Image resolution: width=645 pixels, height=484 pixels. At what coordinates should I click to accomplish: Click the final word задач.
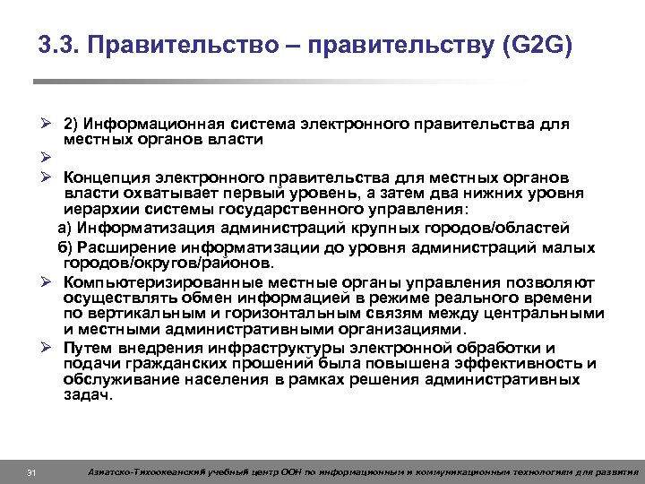click(88, 395)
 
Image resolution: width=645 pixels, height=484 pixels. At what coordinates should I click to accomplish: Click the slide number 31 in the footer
click(31, 471)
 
